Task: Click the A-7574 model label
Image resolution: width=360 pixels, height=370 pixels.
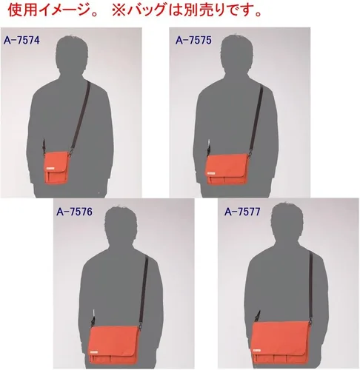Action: coord(21,40)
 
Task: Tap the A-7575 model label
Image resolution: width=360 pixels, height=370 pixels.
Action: coord(193,40)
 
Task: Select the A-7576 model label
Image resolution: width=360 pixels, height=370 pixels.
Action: coord(74,212)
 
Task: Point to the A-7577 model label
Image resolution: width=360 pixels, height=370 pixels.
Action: coord(242,212)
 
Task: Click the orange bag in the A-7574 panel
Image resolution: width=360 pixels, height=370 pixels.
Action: coord(56,166)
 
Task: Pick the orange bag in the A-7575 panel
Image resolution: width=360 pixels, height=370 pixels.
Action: coord(227,169)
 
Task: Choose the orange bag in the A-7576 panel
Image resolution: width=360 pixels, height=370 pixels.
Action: coord(114,343)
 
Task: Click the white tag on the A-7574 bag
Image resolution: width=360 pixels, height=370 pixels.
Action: coord(50,168)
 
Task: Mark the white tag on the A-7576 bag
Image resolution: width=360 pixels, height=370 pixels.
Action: coord(94,351)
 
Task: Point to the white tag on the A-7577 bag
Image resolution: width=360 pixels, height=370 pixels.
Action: coord(257,350)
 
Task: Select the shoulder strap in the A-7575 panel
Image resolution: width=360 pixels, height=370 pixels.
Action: coord(256,118)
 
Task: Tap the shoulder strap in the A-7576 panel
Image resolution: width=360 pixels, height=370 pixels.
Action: coord(144,291)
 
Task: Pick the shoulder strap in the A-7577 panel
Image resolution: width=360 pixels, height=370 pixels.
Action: coord(311,286)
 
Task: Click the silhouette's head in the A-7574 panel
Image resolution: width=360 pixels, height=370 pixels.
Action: coord(72,54)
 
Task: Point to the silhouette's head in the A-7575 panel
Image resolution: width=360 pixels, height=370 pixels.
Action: coord(237,54)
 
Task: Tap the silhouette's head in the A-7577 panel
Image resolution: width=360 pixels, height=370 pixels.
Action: coord(287,222)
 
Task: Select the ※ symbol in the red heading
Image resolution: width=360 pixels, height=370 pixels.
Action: coord(119,10)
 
